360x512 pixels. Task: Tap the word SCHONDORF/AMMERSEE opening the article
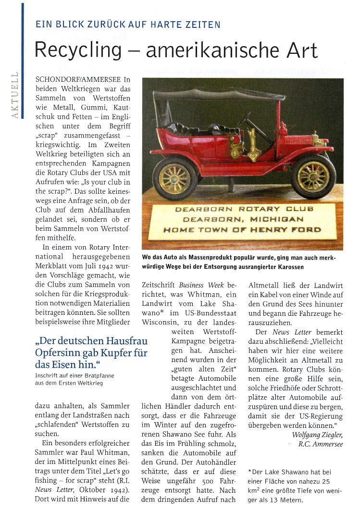tap(79, 78)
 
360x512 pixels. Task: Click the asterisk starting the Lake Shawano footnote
tap(250, 472)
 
